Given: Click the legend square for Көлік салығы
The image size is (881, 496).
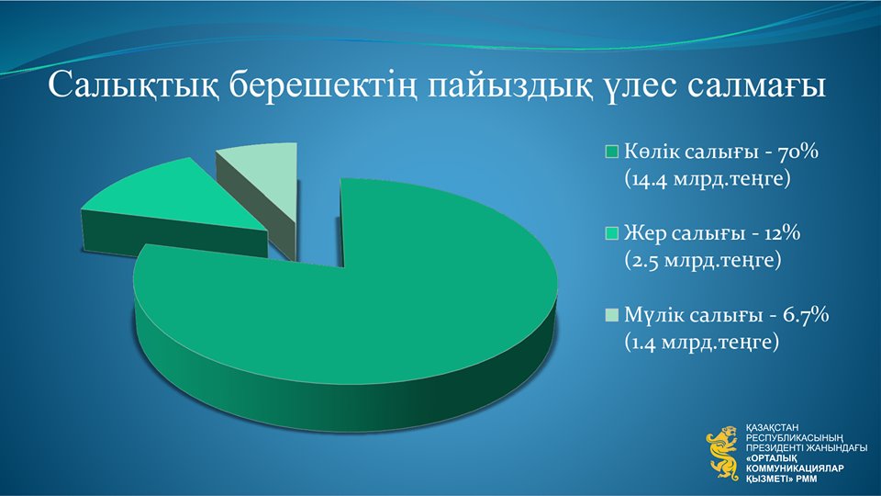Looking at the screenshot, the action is (x=611, y=152).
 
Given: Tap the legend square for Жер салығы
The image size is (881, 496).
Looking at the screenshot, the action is (x=611, y=233).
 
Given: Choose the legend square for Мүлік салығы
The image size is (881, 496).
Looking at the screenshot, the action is (x=611, y=315).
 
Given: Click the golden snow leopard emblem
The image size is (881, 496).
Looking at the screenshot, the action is (x=723, y=454).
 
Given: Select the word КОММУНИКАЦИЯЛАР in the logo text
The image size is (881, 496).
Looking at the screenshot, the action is (x=795, y=469).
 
